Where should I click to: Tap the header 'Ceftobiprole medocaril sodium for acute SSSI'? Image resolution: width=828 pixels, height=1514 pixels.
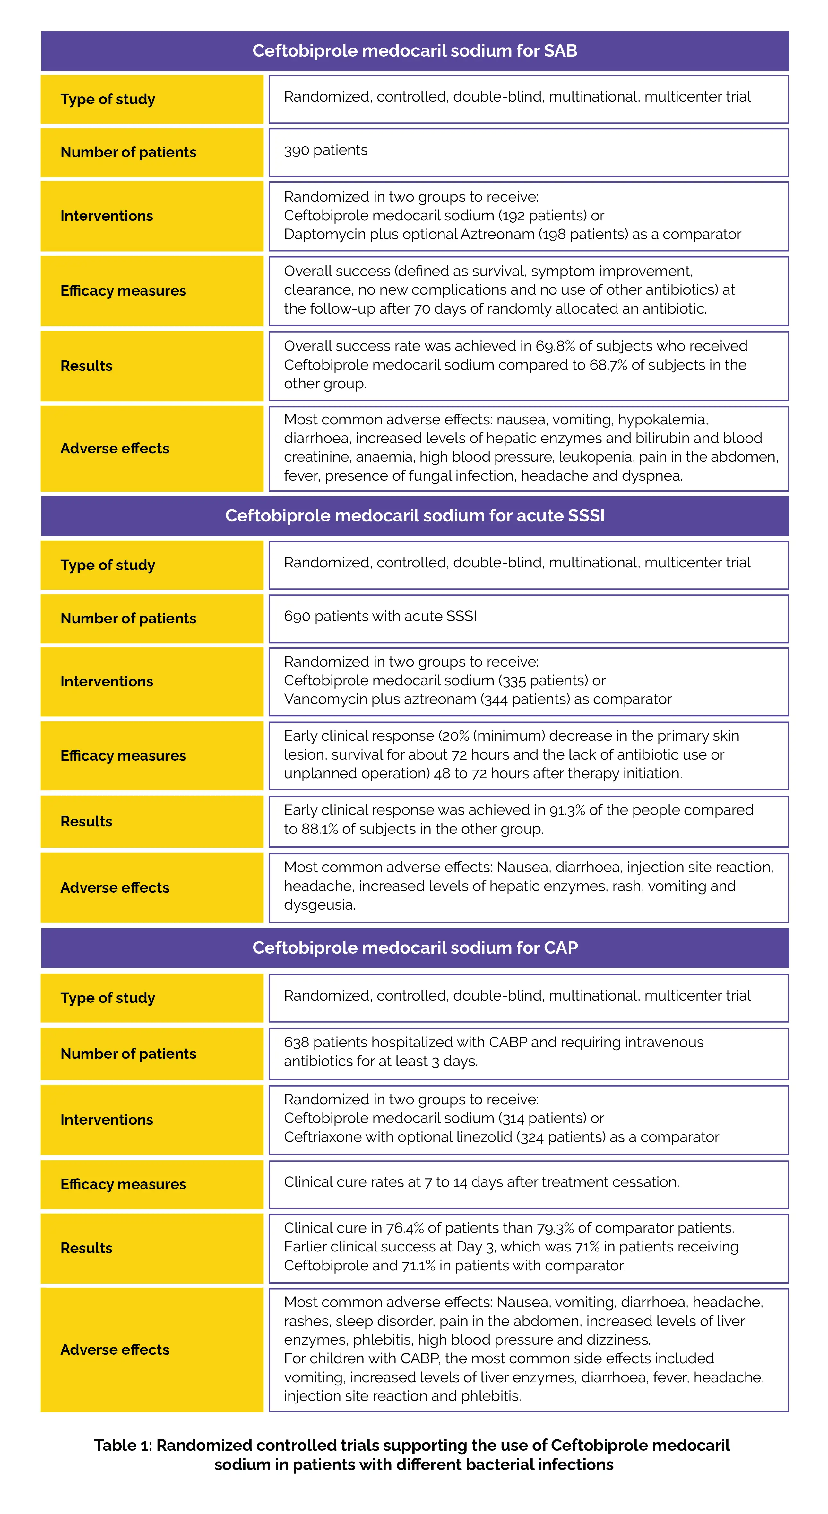click(415, 515)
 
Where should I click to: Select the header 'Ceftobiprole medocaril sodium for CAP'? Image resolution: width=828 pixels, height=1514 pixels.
click(415, 948)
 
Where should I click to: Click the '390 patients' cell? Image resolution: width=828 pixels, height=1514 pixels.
click(326, 150)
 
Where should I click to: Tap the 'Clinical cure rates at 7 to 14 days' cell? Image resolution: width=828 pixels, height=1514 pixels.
click(481, 1182)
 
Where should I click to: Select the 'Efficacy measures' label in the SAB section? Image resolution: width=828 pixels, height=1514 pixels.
click(123, 291)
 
